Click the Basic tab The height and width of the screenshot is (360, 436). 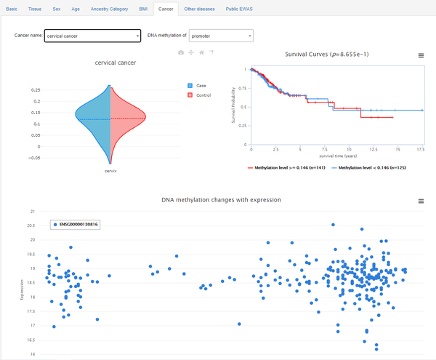[11, 9]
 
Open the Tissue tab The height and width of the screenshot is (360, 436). [33, 9]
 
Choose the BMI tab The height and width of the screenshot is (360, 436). [143, 9]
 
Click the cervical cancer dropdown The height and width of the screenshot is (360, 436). [92, 36]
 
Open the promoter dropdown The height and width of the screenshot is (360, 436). [220, 36]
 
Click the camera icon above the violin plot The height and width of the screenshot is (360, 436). [182, 52]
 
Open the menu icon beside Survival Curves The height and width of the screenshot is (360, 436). [421, 55]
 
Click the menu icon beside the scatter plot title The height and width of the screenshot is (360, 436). [421, 201]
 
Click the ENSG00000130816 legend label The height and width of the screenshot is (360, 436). [78, 225]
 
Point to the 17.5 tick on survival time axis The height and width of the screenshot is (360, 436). [420, 149]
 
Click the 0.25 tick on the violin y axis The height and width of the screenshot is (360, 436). [36, 89]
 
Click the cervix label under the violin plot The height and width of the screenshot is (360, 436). [110, 171]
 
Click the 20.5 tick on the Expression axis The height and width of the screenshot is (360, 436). [30, 225]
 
